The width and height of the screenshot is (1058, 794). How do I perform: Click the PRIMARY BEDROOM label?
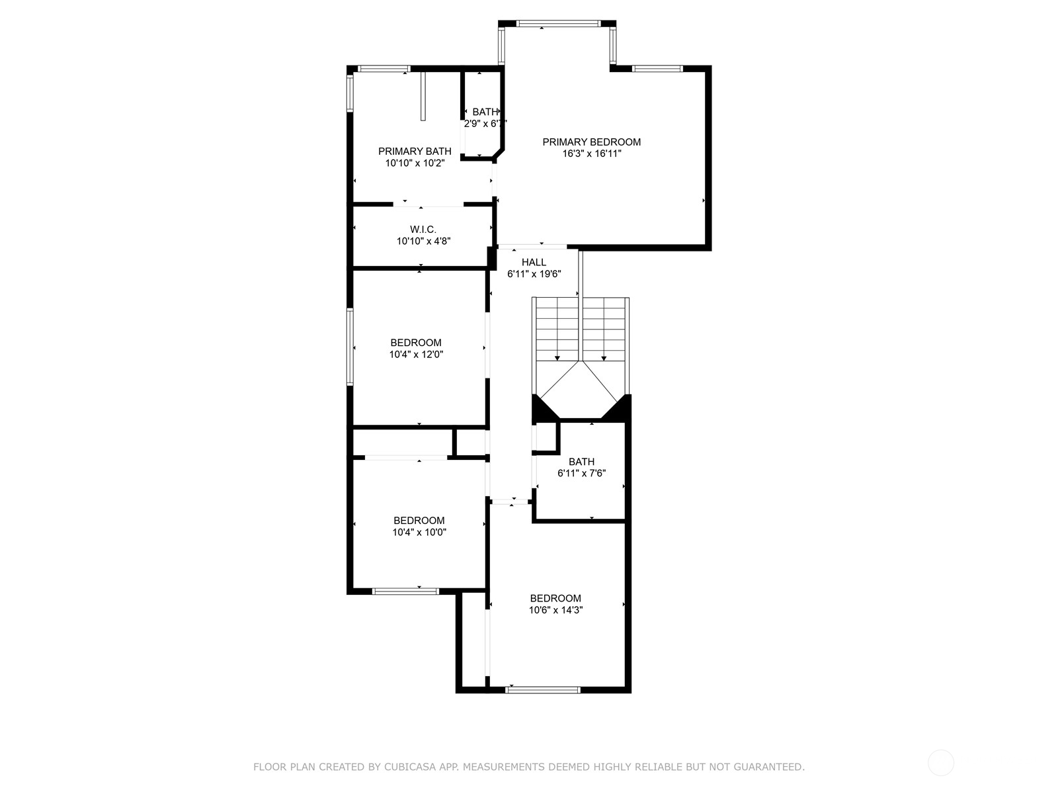(591, 142)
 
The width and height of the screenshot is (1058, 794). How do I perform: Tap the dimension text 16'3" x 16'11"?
(591, 154)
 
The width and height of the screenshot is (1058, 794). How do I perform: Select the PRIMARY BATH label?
(415, 152)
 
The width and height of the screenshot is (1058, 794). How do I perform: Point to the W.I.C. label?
(423, 230)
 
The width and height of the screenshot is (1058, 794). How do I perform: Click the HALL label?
(534, 262)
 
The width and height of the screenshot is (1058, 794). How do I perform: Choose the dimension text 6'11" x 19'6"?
(534, 274)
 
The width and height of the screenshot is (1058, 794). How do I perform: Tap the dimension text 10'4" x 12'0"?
(416, 355)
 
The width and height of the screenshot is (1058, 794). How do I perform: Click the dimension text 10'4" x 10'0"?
(419, 532)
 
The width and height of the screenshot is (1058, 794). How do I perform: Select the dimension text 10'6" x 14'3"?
(555, 610)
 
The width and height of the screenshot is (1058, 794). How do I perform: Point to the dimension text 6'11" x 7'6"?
(581, 473)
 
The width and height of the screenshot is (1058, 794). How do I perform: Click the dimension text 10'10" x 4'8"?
(423, 241)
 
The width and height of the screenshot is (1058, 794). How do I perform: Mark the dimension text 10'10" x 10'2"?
(415, 163)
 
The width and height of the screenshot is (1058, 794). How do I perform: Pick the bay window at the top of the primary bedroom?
(558, 23)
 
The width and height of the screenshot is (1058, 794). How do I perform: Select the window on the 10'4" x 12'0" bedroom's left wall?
(350, 347)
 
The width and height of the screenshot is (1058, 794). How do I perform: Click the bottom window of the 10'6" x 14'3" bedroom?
(544, 690)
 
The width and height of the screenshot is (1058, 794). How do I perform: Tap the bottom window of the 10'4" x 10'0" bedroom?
(405, 591)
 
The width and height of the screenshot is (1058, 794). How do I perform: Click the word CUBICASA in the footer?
(407, 766)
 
